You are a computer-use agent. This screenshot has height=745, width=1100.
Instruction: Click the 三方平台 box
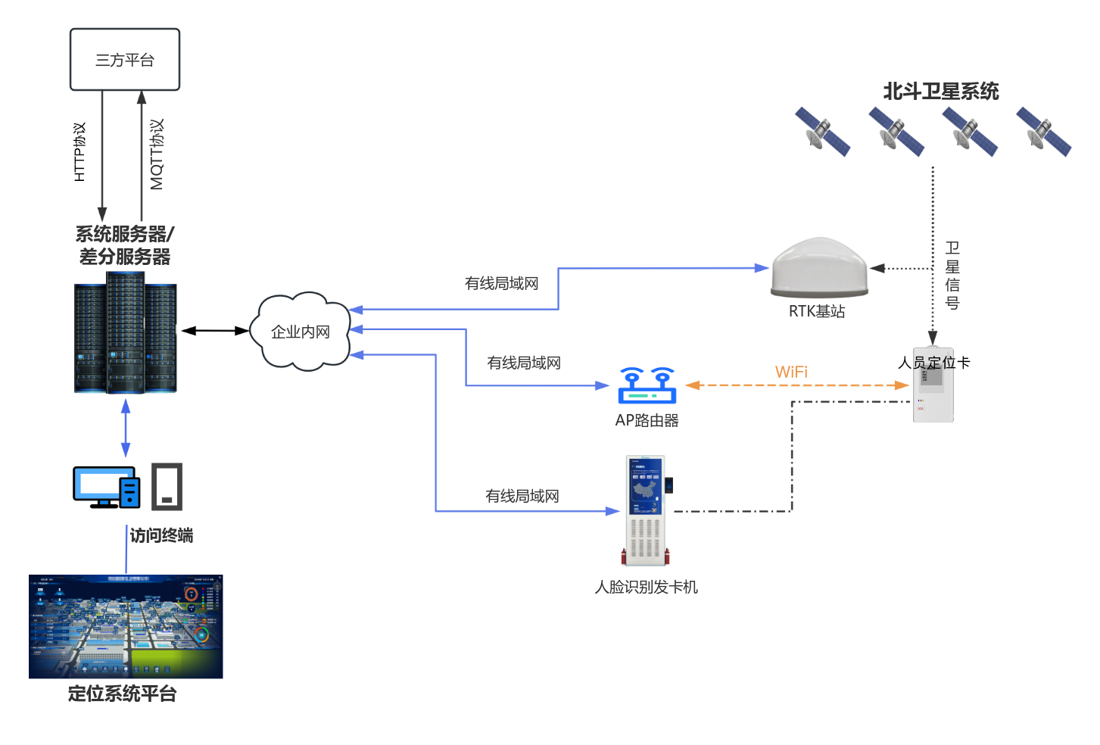125,60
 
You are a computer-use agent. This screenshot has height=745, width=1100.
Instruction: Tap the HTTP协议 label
79,152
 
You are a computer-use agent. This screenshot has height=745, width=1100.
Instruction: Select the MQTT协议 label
157,154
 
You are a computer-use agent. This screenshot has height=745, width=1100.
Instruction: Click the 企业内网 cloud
301,332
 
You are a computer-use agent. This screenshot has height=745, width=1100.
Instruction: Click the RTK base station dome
819,268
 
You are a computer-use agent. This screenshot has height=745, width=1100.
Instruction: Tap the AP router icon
647,385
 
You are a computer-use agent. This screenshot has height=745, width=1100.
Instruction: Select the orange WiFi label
791,372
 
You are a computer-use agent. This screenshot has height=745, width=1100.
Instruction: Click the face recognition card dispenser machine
647,511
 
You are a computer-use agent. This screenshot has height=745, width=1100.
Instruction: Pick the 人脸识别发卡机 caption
646,587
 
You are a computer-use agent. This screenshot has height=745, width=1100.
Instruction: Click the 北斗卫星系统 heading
941,92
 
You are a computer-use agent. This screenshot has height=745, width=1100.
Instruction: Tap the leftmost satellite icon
822,131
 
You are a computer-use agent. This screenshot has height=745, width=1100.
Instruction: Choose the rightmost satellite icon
1043,131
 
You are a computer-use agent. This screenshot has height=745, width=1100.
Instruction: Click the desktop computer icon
107,487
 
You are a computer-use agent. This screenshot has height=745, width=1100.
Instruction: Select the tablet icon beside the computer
167,486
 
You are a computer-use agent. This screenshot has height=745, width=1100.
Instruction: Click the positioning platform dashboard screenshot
126,627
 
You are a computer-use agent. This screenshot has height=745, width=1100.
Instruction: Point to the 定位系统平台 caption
122,694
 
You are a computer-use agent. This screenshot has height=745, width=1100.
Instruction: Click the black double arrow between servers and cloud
215,331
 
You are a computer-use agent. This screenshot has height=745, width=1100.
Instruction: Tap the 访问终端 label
161,535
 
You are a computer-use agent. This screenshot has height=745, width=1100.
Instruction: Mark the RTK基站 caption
817,311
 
